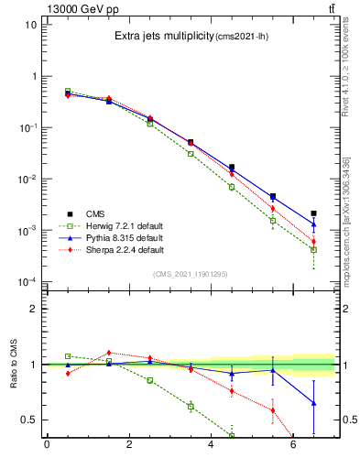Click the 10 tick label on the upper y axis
point(30,25)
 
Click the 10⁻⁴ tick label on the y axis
point(27,282)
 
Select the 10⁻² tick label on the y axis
point(27,180)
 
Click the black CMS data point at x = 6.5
point(313,213)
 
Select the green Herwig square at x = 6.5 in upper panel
point(313,249)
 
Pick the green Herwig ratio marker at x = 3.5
point(191,406)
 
